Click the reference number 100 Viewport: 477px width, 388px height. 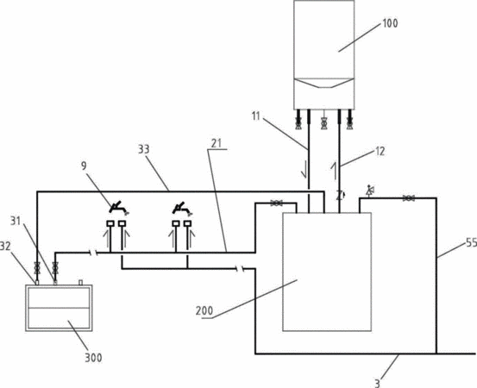pos(390,23)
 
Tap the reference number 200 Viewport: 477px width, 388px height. pos(204,311)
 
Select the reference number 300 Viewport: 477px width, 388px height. pos(93,358)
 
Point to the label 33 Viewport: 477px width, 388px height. pos(144,149)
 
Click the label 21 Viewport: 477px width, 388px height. pos(217,143)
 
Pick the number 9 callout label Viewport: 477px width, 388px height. pos(84,166)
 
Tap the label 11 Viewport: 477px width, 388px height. pos(256,116)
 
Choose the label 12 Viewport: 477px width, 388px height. pos(380,151)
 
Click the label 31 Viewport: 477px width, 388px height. pos(16,221)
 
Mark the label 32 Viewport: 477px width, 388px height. pos(5,246)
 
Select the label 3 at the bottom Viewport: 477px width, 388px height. pos(377,383)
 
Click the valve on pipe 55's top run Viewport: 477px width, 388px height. pos(409,198)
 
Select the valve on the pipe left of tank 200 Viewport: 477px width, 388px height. pos(276,203)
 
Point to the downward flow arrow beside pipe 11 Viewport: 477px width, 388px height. pos(304,170)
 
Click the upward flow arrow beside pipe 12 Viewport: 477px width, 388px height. pos(335,171)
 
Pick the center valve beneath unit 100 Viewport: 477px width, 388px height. pos(324,123)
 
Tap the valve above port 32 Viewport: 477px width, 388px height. pos(37,267)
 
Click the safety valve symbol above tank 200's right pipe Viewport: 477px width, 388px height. pos(370,191)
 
